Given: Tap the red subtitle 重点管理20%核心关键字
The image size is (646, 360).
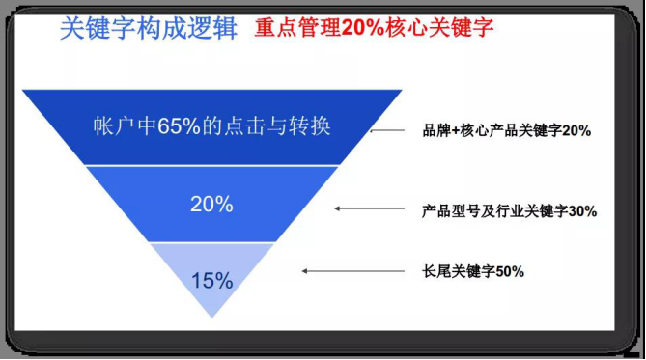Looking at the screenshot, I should [x=375, y=28].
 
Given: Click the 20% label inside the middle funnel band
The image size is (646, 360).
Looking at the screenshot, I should [x=211, y=205].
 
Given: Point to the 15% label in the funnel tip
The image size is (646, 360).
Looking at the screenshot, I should [x=211, y=281].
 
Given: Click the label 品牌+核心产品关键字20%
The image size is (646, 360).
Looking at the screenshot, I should [x=505, y=130].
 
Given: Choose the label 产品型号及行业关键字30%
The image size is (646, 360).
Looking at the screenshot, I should [x=509, y=209].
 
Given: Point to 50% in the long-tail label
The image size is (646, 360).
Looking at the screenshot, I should [x=509, y=271].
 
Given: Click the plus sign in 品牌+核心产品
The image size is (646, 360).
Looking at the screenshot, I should [x=460, y=130].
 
